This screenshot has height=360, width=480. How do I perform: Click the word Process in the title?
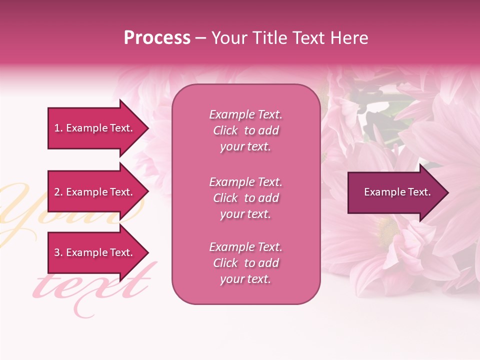point(157,38)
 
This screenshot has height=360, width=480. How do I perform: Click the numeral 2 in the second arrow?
point(57,192)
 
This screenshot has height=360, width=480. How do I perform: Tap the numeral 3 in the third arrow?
point(57,252)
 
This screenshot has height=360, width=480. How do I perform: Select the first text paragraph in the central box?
point(245,130)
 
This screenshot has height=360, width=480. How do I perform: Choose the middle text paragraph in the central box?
point(245,198)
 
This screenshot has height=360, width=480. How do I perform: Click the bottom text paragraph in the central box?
point(245,263)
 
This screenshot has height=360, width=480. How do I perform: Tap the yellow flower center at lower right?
point(387,231)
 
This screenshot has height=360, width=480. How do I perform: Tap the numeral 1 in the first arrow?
point(57,128)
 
